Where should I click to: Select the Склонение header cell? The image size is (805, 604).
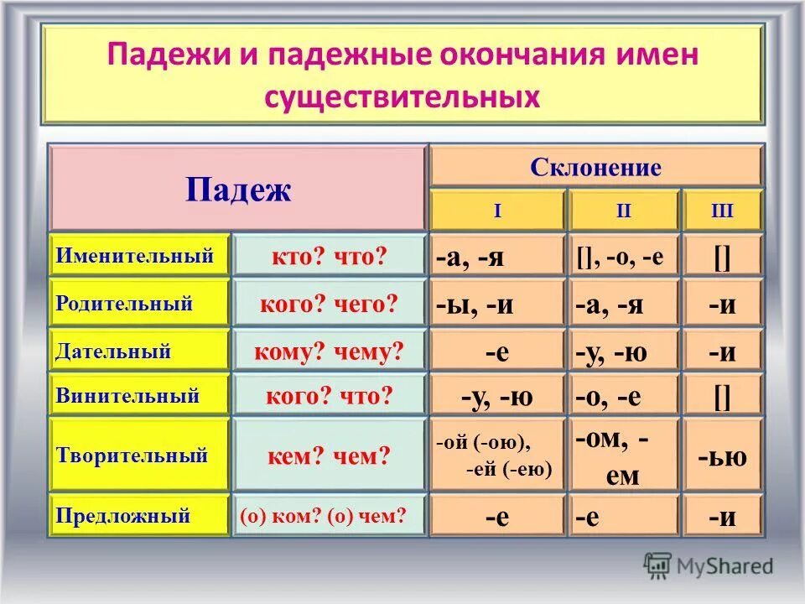point(595,167)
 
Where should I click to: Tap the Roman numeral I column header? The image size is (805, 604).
point(497,211)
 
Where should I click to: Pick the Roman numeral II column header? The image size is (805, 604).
point(623,211)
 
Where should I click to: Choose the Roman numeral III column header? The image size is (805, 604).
point(722,211)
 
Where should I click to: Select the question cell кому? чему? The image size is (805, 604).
point(329,352)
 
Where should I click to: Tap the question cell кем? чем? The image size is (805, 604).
point(329,456)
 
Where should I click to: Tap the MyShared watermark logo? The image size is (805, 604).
point(709,565)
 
